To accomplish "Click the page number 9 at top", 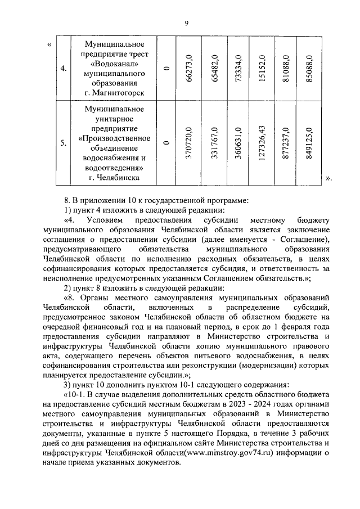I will click(186, 22).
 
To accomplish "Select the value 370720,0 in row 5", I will click(190, 143).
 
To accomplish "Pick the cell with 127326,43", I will click(262, 143).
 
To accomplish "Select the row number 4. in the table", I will click(64, 69).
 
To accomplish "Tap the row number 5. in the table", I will click(64, 143).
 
